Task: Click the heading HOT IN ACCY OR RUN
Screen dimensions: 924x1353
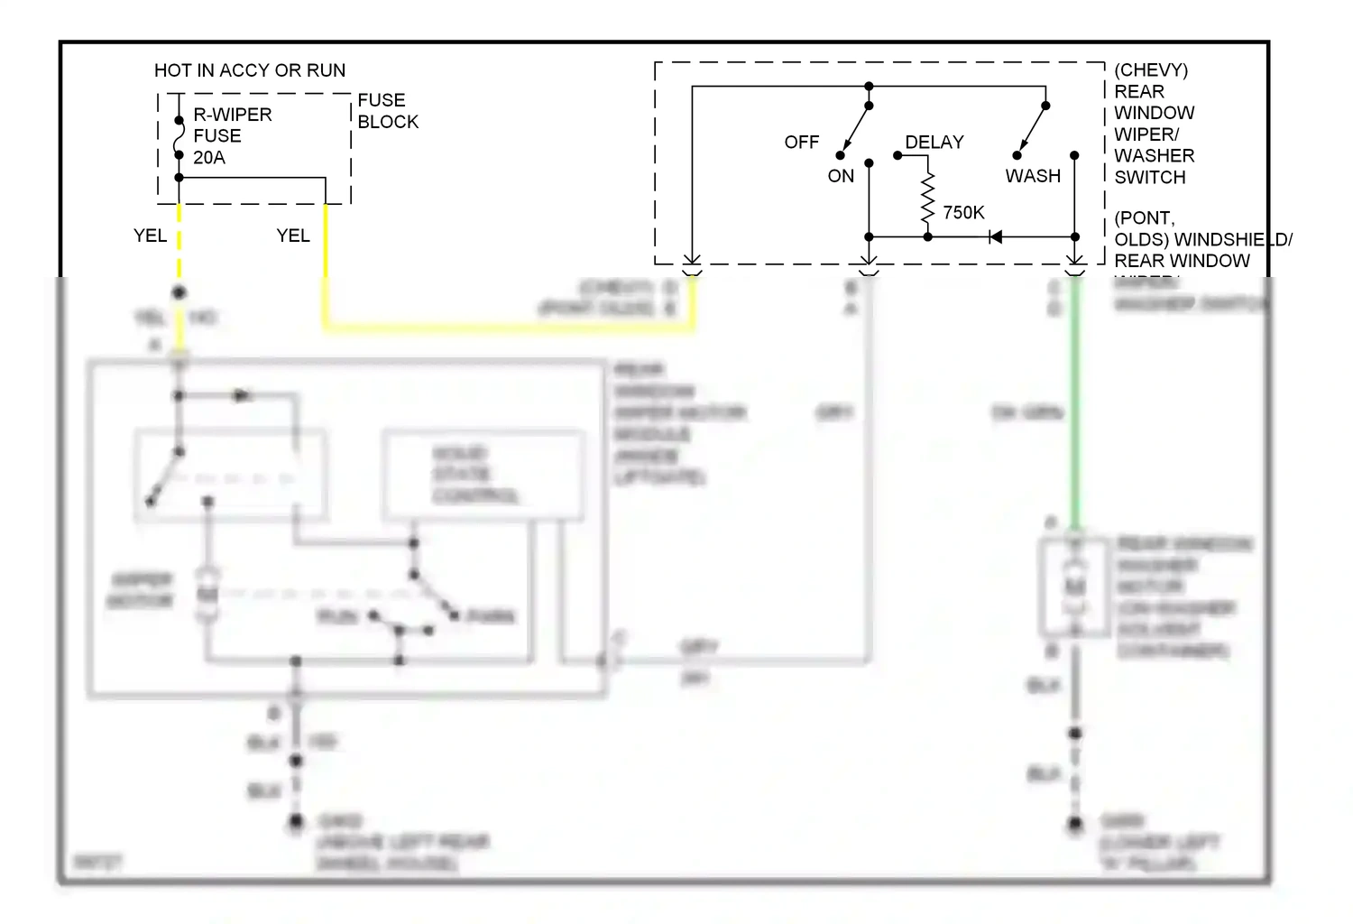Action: (x=249, y=70)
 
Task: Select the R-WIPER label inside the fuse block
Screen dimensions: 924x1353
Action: (x=232, y=115)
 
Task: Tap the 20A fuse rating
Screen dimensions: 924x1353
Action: (x=208, y=158)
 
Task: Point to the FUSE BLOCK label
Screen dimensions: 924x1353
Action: (x=387, y=111)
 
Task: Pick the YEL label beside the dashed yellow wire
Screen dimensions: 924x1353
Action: (x=150, y=236)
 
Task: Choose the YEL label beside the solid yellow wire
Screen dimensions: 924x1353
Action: (x=292, y=236)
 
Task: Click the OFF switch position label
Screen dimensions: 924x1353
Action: (x=801, y=143)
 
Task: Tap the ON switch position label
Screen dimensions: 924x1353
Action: (x=840, y=177)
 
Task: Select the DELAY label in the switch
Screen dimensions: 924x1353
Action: (x=934, y=143)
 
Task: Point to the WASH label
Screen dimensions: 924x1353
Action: (x=1033, y=177)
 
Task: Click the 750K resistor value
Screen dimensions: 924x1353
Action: (x=963, y=213)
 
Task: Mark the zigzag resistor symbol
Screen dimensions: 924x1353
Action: (x=927, y=200)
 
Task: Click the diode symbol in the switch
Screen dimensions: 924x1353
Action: (x=995, y=237)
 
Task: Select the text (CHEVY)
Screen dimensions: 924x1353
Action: (x=1150, y=70)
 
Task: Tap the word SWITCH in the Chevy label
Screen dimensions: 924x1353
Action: (x=1149, y=178)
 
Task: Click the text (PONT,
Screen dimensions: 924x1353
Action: (x=1144, y=218)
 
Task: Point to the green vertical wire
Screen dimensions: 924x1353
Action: (x=1074, y=406)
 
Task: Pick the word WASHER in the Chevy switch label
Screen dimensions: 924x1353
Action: (x=1154, y=156)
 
